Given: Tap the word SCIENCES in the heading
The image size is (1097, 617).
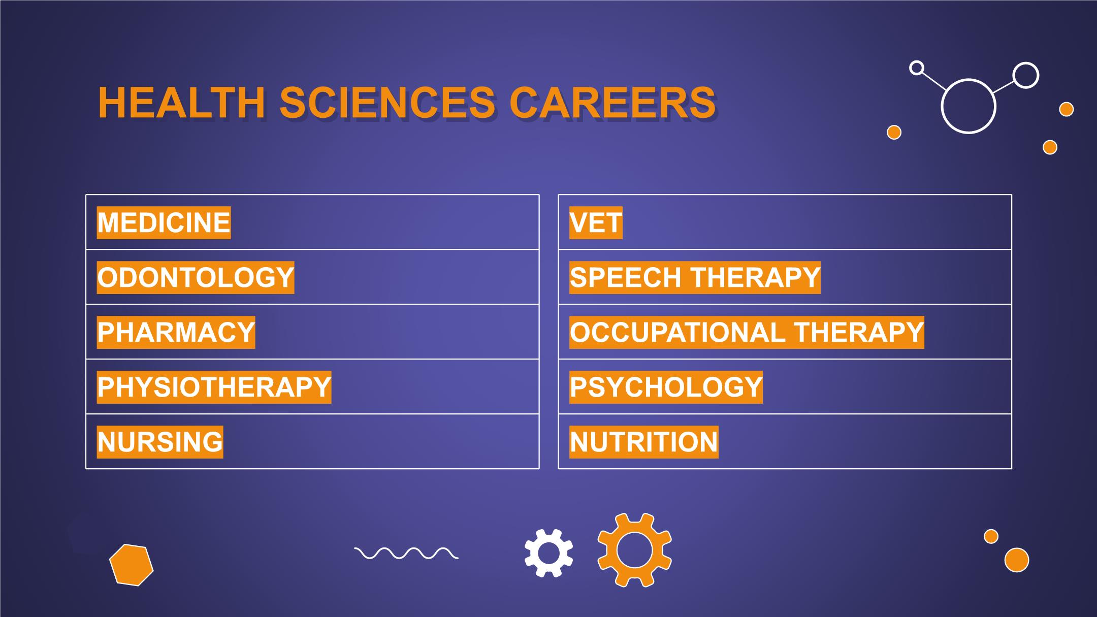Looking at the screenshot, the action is coord(388,103).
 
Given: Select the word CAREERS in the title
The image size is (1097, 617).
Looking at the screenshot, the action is coord(612,103).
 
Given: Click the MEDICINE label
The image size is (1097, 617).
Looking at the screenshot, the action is coord(164,222).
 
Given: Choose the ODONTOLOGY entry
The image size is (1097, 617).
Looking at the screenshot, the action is coord(196,277).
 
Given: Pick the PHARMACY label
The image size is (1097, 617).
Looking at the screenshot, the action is coord(176,332).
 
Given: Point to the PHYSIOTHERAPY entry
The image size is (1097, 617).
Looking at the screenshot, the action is coord(214,387).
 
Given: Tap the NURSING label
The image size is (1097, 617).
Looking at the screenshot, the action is coord(160,442).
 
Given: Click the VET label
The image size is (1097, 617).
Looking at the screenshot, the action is coord(596,222).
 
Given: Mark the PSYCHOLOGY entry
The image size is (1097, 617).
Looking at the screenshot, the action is coord(666,387).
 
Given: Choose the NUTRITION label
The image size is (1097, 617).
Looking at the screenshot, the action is coord(644,442).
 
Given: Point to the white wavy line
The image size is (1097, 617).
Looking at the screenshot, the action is coord(406,553).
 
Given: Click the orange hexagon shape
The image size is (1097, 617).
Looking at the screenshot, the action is coord(132,565).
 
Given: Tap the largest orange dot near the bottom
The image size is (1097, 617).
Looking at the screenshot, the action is coord(1017,560).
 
